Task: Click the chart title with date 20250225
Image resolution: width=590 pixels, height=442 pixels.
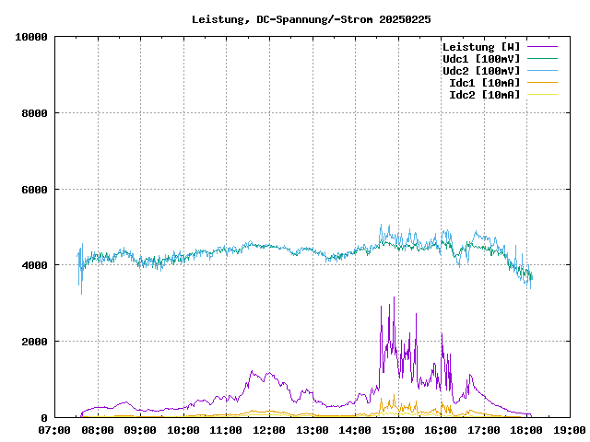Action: pos(311,18)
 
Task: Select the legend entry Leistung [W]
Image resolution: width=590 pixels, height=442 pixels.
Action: pos(481,47)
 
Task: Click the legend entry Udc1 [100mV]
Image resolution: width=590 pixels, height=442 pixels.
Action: pos(481,59)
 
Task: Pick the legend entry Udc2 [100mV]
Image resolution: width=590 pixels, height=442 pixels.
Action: pos(481,71)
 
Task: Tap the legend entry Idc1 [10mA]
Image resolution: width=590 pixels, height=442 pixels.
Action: pos(484,83)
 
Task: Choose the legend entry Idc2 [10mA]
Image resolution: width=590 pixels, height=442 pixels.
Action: pos(484,95)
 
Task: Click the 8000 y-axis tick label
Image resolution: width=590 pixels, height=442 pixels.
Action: pos(33,113)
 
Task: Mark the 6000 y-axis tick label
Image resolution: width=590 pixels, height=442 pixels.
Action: pos(33,190)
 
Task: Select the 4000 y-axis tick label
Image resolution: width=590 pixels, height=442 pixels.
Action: pos(33,265)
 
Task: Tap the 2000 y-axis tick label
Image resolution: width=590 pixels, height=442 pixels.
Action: pos(33,342)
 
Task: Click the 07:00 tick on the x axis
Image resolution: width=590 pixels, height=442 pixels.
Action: pos(55,430)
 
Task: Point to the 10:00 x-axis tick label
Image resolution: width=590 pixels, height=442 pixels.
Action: pos(183,430)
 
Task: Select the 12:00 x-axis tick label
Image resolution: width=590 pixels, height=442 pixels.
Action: pos(269,430)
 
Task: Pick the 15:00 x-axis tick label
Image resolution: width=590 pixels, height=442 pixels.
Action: pos(397,430)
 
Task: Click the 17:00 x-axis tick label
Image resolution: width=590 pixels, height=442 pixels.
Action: pos(483,430)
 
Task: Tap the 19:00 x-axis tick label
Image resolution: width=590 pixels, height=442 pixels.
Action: pos(568,430)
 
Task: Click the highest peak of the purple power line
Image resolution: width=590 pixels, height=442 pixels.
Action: pos(394,297)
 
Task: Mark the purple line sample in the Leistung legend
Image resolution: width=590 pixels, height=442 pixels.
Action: pos(542,47)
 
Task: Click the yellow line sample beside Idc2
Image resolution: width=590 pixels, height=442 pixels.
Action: pos(542,95)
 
